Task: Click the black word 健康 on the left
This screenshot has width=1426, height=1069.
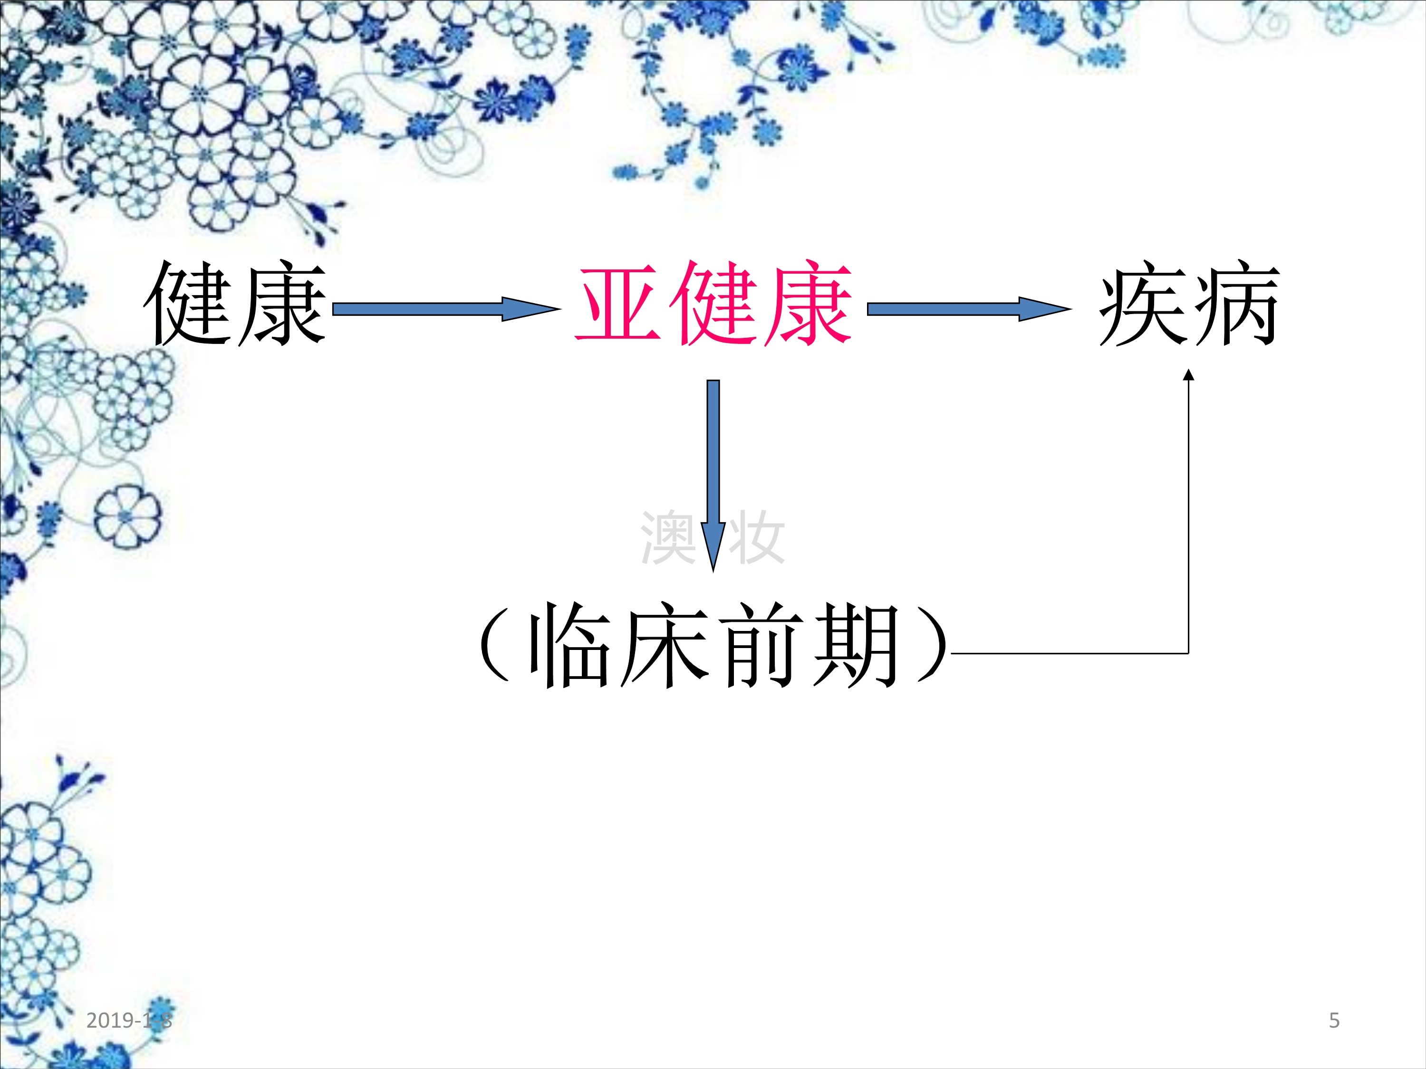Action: pos(235,303)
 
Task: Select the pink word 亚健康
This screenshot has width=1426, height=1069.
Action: pos(713,303)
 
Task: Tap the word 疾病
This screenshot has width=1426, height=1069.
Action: pos(1189,303)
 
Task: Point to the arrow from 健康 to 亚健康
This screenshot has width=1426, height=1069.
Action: pos(446,309)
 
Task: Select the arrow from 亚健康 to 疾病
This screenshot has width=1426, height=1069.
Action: pos(969,309)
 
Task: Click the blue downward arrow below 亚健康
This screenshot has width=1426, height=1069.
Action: pos(713,476)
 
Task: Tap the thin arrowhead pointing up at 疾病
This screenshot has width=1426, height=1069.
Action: pos(1189,374)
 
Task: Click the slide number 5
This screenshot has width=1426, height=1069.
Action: pos(1334,1020)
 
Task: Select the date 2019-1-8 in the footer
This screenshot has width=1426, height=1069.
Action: pos(129,1020)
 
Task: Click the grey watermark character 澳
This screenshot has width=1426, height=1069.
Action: pos(668,537)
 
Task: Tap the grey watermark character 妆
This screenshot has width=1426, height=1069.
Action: pos(756,537)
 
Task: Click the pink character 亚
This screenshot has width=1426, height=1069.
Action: pos(619,303)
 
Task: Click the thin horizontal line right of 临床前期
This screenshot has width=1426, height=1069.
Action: pos(1070,653)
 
